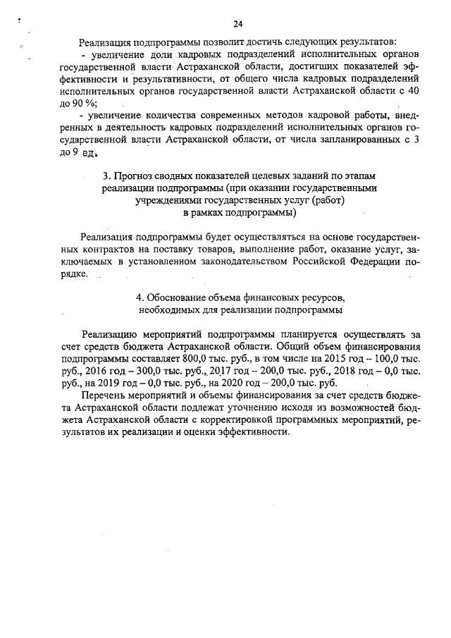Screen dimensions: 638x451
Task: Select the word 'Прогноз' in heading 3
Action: pyautogui.click(x=132, y=176)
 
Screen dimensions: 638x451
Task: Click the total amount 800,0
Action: pyautogui.click(x=198, y=359)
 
